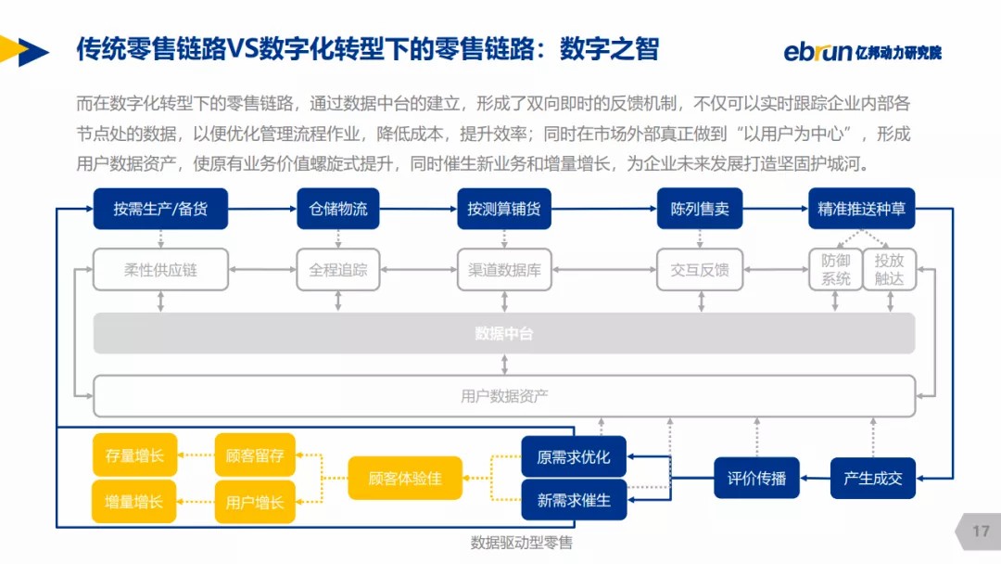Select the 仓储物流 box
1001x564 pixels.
tap(338, 209)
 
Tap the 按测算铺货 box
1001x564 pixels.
tap(504, 209)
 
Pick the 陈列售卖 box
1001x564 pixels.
tap(700, 209)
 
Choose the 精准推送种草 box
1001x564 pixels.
tap(861, 209)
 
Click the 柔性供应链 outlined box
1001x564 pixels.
tap(161, 270)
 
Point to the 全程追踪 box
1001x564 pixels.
tap(338, 270)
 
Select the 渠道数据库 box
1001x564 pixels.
tap(504, 270)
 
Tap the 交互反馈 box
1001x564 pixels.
tap(700, 270)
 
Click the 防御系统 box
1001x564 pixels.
tap(835, 269)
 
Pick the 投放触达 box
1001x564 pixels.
tap(889, 269)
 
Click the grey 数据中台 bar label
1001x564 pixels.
tap(504, 333)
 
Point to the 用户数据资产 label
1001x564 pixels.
tap(504, 396)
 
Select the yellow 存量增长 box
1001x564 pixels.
tap(134, 455)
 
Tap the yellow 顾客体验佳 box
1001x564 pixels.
tap(405, 479)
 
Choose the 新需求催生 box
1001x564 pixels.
tap(574, 500)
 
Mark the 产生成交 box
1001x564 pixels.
tap(872, 479)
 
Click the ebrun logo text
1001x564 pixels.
tap(817, 51)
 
